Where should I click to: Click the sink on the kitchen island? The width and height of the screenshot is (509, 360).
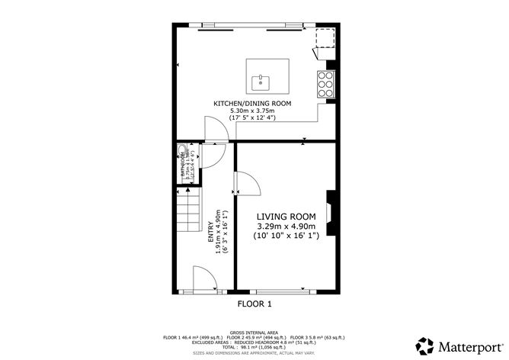coord(262,78)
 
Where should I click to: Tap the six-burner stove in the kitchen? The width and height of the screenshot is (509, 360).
coord(325,80)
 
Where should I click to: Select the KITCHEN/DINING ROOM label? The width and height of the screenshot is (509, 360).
coord(252,103)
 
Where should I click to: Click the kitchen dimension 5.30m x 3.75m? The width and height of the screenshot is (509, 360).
coord(252,111)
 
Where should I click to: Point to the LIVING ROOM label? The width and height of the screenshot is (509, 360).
coord(285,217)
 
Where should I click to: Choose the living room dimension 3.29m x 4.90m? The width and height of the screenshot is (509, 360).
coord(285,227)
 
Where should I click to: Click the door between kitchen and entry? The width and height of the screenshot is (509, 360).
coord(216,130)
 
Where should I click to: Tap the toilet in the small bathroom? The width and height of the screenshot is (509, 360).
coord(182,150)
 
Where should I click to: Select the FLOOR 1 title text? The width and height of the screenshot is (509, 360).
coord(254,304)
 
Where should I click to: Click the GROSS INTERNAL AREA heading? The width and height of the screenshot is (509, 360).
coord(254,333)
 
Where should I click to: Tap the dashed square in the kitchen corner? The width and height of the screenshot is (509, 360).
coord(325,38)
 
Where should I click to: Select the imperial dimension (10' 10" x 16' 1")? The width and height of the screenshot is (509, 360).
coord(285,236)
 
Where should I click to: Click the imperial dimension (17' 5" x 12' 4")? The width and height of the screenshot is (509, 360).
coord(252,118)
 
